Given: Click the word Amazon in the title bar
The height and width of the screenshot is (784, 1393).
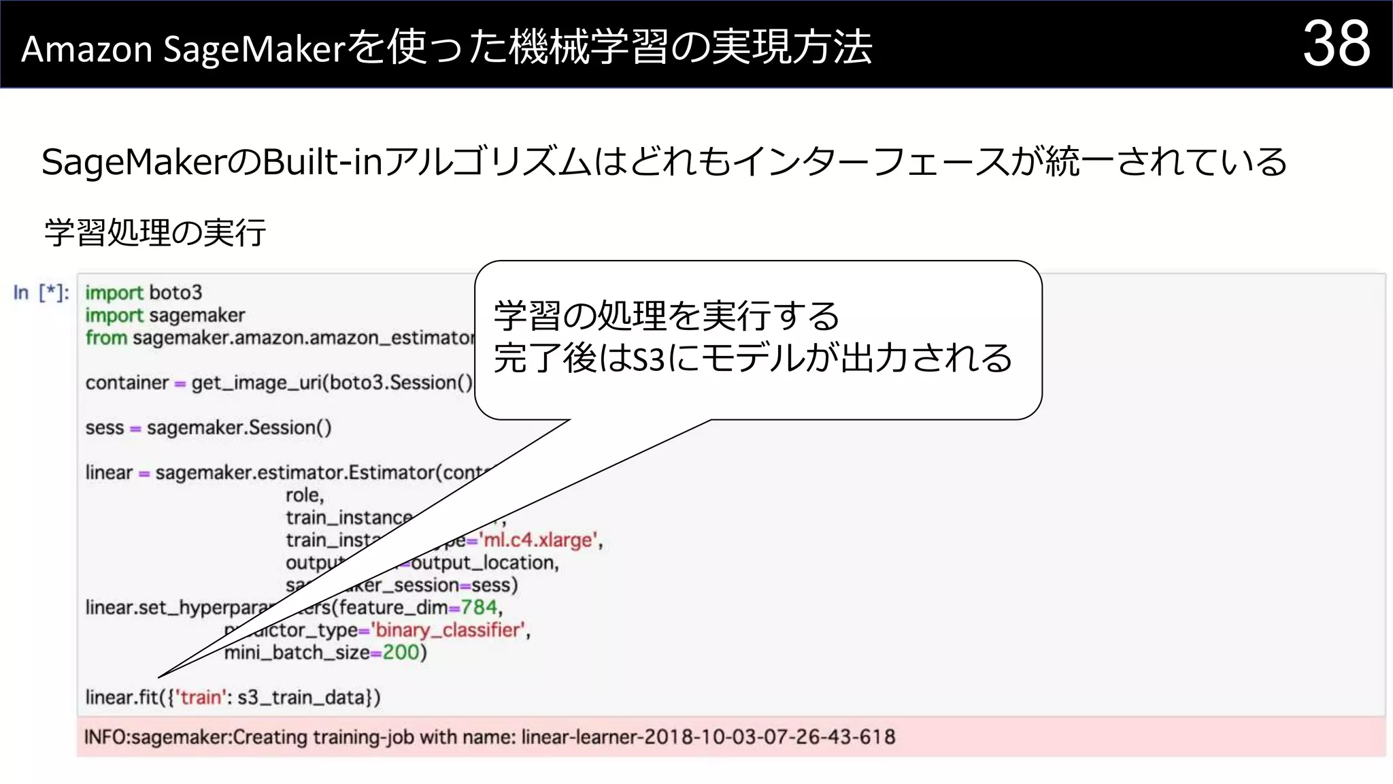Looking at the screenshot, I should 86,50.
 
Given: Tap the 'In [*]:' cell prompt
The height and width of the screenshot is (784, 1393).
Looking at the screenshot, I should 41,293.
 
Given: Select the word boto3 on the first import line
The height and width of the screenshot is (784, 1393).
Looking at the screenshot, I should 175,293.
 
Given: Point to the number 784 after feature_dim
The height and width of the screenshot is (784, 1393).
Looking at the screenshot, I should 479,607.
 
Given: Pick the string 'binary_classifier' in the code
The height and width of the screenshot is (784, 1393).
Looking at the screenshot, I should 449,630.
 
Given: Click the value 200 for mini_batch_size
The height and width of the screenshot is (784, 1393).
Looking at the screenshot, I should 401,653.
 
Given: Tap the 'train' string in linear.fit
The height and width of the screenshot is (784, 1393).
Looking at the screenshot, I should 201,698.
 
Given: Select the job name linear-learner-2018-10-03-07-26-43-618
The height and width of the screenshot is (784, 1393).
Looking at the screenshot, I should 708,737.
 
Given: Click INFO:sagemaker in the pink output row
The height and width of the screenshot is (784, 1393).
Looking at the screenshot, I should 157,737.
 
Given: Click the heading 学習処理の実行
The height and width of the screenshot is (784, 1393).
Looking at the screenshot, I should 155,233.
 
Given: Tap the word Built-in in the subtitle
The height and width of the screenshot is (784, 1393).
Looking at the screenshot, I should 322,163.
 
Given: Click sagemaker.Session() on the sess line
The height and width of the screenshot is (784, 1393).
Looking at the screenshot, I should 239,428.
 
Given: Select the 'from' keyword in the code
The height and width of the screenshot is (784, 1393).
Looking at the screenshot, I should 106,338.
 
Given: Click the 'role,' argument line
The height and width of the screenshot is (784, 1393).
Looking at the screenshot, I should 305,495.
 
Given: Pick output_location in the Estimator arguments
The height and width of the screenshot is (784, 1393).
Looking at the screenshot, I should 484,563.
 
